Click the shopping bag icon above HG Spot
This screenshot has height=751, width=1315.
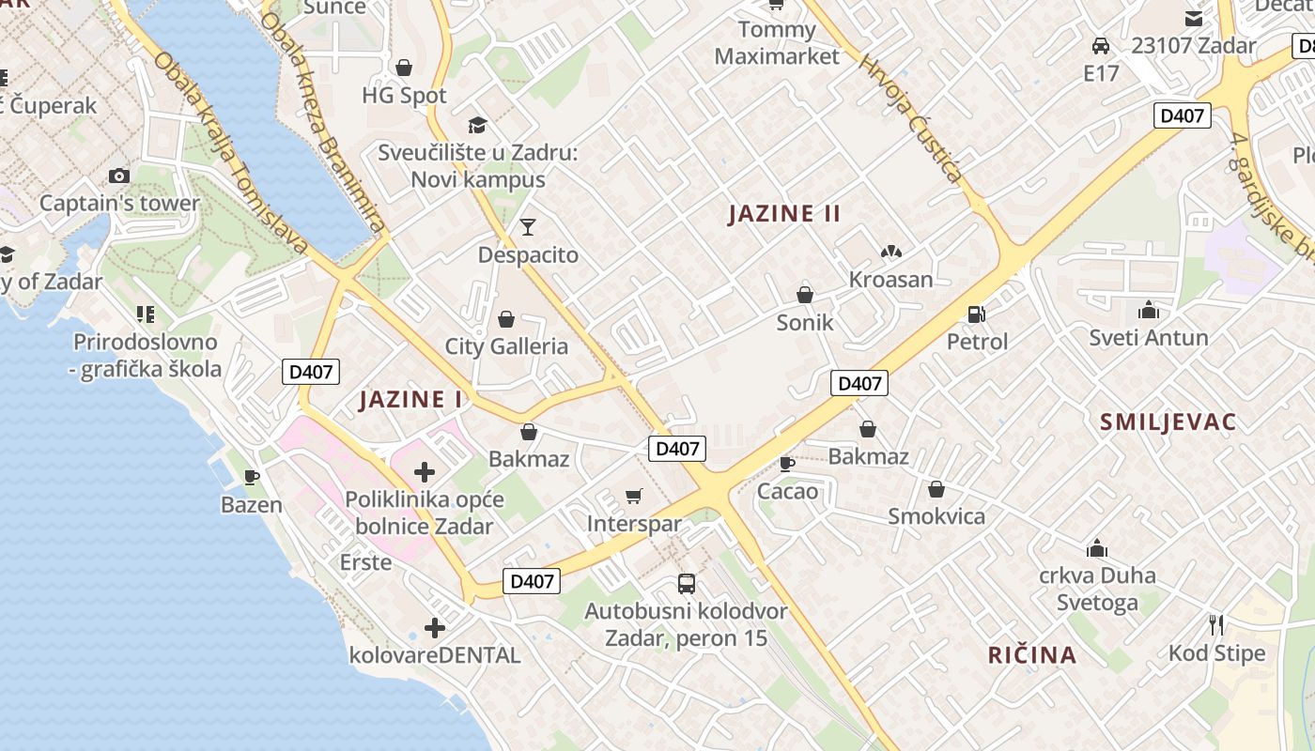404,68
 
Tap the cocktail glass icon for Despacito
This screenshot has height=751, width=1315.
527,227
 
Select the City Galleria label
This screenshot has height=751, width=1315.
506,346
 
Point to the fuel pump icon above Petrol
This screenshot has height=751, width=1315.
977,314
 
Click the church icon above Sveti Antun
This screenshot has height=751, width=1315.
1148,310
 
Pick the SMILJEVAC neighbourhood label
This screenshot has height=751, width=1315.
1168,421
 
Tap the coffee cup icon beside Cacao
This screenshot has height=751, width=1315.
787,463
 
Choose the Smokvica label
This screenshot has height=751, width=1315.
936,516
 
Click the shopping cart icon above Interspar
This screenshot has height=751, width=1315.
634,496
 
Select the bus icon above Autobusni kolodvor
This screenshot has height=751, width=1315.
687,584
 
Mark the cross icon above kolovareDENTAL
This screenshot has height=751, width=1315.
434,627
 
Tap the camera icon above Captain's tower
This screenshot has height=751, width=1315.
119,176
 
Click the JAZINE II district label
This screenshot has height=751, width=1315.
784,214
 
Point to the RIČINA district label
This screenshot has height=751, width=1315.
1031,655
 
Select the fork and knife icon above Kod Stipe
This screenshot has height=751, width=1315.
1216,624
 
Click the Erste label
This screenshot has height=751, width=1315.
365,562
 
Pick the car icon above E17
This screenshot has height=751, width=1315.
1101,45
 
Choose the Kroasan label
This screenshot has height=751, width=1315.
890,280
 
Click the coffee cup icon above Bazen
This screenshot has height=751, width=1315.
251,477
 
